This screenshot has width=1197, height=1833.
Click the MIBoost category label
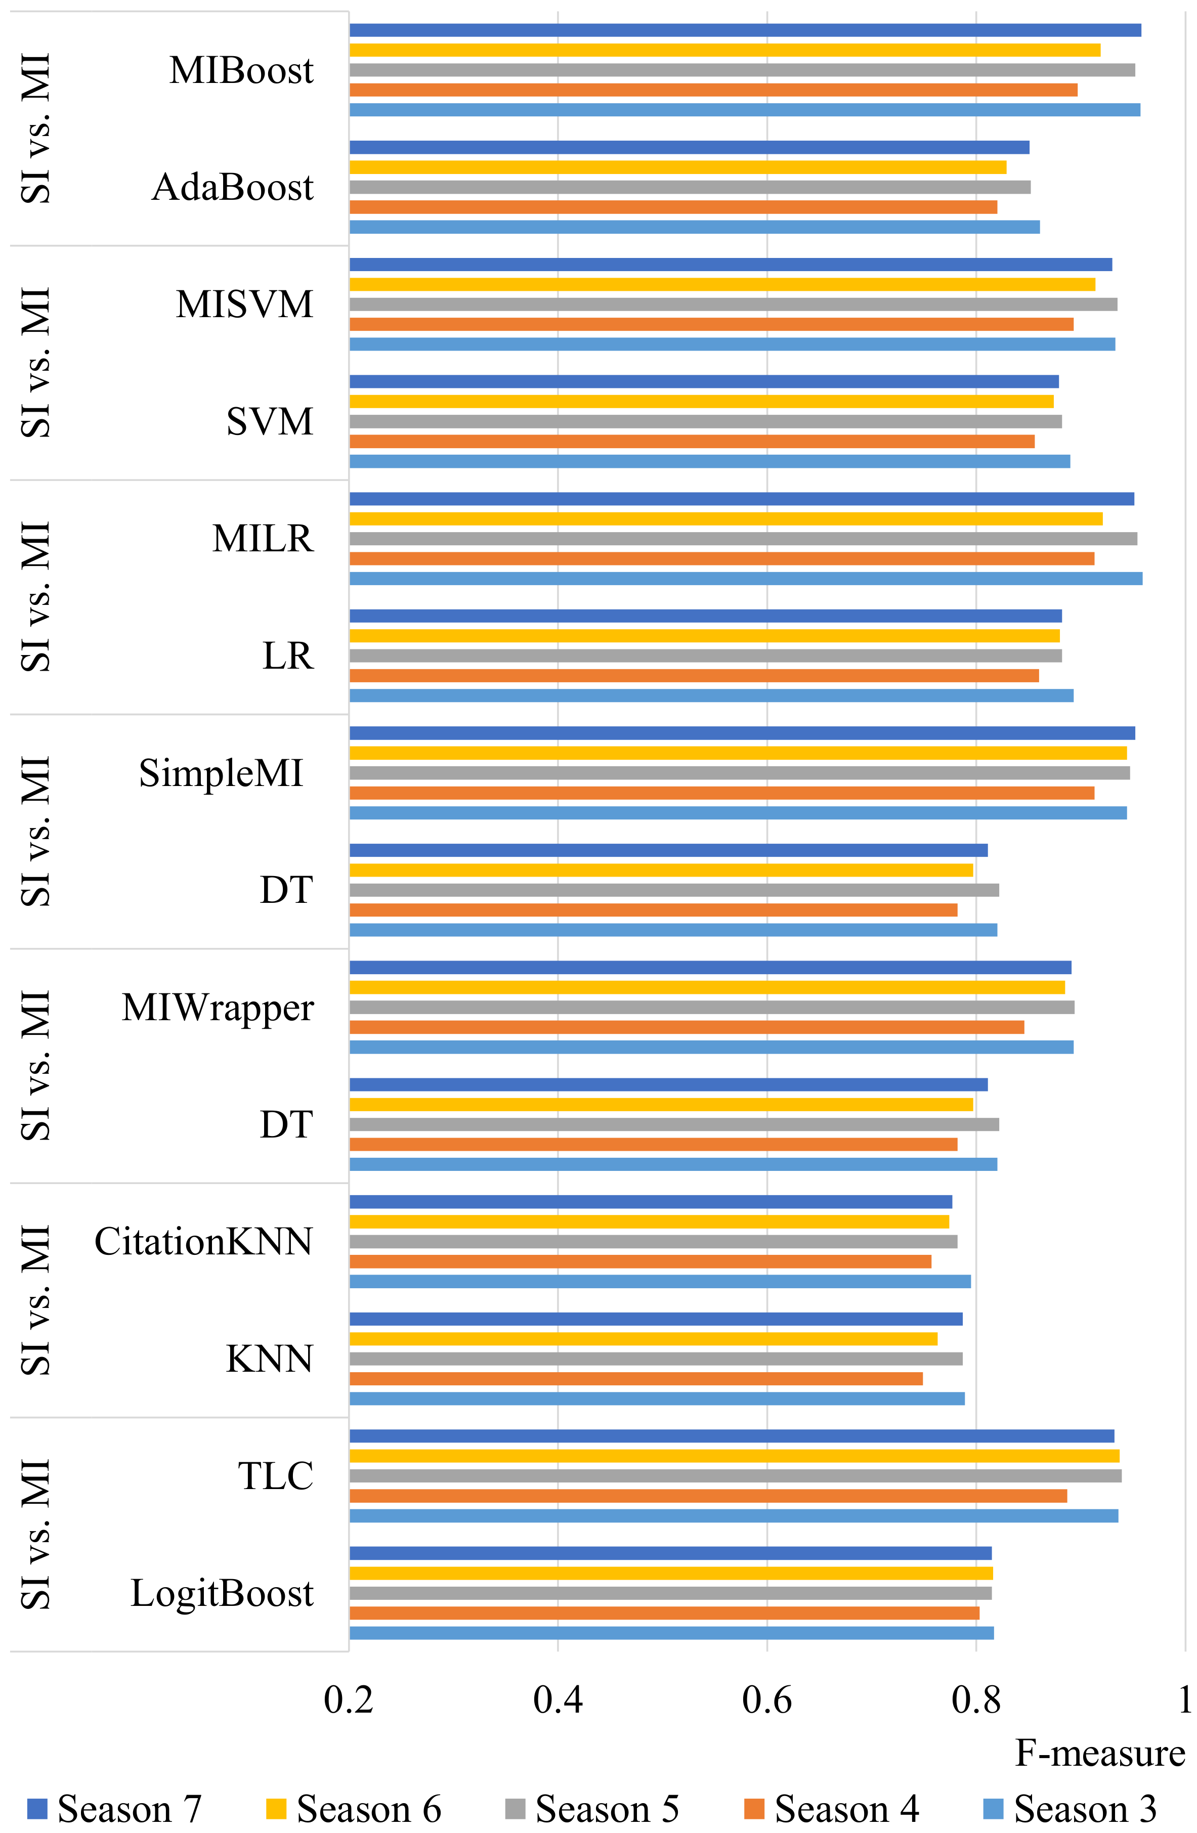(241, 71)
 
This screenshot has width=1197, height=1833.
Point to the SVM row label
(270, 422)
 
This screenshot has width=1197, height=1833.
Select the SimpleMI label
(221, 773)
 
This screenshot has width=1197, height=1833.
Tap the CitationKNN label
(203, 1242)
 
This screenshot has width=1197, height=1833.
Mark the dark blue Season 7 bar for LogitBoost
(670, 1553)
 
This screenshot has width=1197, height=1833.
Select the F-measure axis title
(1099, 1754)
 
